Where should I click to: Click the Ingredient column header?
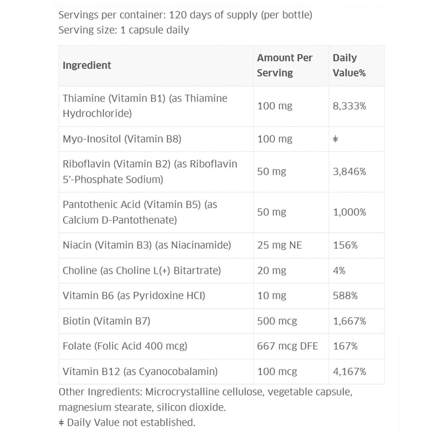(87, 65)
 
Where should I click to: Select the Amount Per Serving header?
(284, 65)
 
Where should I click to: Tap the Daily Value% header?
(349, 65)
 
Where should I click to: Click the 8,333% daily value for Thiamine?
(349, 106)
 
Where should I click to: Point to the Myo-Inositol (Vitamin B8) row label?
(122, 139)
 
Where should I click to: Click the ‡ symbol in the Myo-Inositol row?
(335, 139)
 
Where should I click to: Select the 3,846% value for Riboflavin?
(349, 172)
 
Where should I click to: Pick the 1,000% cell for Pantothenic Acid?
(349, 212)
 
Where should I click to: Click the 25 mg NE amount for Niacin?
(279, 245)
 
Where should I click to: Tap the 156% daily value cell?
(345, 245)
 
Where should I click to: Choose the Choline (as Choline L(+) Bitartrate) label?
(142, 271)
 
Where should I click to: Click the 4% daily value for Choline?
(339, 271)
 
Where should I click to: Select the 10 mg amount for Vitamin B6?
(271, 296)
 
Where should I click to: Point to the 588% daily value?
(345, 296)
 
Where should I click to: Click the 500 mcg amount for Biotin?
(277, 321)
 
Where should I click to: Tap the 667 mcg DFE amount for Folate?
(287, 346)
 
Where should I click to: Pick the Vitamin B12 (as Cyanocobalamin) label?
(140, 372)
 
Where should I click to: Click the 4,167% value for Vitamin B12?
(349, 372)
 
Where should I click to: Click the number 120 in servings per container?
(178, 15)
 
